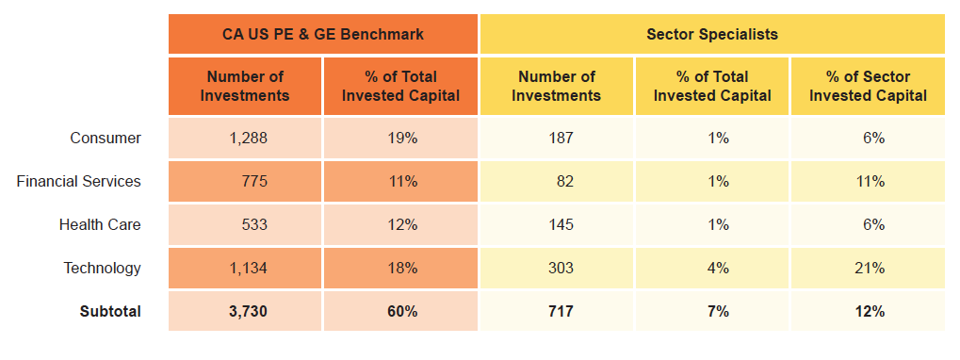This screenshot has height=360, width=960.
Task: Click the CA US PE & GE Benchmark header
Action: (323, 34)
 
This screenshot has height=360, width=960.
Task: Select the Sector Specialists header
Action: (712, 34)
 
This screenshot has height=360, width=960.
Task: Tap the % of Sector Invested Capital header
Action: (868, 86)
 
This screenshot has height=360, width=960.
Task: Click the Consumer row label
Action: (106, 138)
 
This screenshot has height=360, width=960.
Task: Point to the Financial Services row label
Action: (79, 181)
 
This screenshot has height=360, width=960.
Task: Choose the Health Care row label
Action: (100, 224)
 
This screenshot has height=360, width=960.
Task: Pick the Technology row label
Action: (102, 268)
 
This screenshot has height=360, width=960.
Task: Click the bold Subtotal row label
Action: (110, 311)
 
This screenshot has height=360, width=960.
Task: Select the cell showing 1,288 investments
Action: (248, 138)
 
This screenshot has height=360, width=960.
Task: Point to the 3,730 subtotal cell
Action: (248, 311)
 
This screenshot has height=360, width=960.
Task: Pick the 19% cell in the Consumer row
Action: (402, 138)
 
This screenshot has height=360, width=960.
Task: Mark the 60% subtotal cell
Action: (402, 311)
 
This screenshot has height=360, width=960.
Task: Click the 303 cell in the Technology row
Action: (559, 268)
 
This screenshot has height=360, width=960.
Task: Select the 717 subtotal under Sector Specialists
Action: (559, 311)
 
